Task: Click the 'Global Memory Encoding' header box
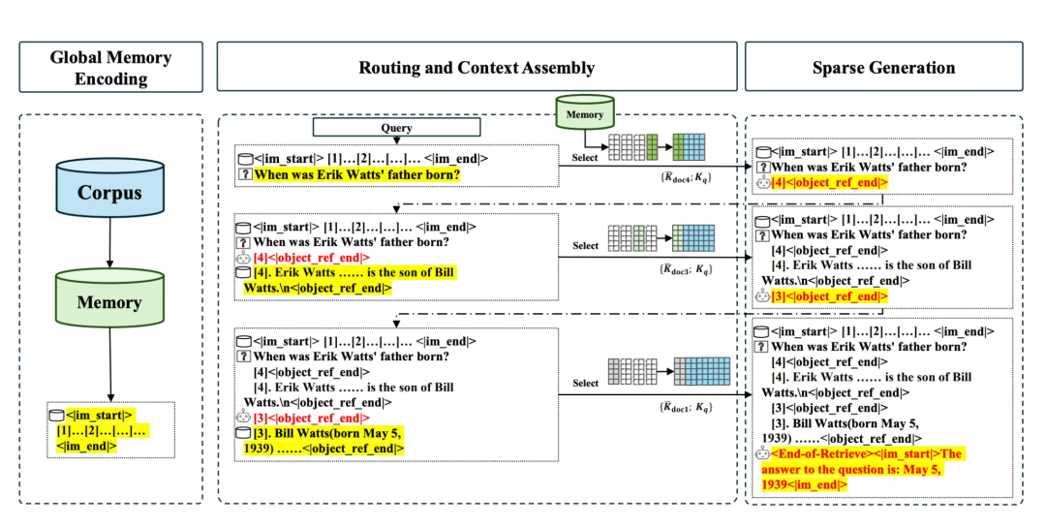coord(110,67)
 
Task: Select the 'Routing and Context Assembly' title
coord(477,67)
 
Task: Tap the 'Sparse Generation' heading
coord(882,67)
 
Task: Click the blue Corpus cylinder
coord(109,194)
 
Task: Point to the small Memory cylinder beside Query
coord(584,113)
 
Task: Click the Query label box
coord(396,127)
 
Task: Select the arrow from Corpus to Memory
coord(109,249)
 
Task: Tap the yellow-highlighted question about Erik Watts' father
coord(356,175)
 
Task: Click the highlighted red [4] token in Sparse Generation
coord(828,181)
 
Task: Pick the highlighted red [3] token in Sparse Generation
coord(828,295)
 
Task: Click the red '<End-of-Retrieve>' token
coord(811,453)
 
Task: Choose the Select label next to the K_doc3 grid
coord(585,246)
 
